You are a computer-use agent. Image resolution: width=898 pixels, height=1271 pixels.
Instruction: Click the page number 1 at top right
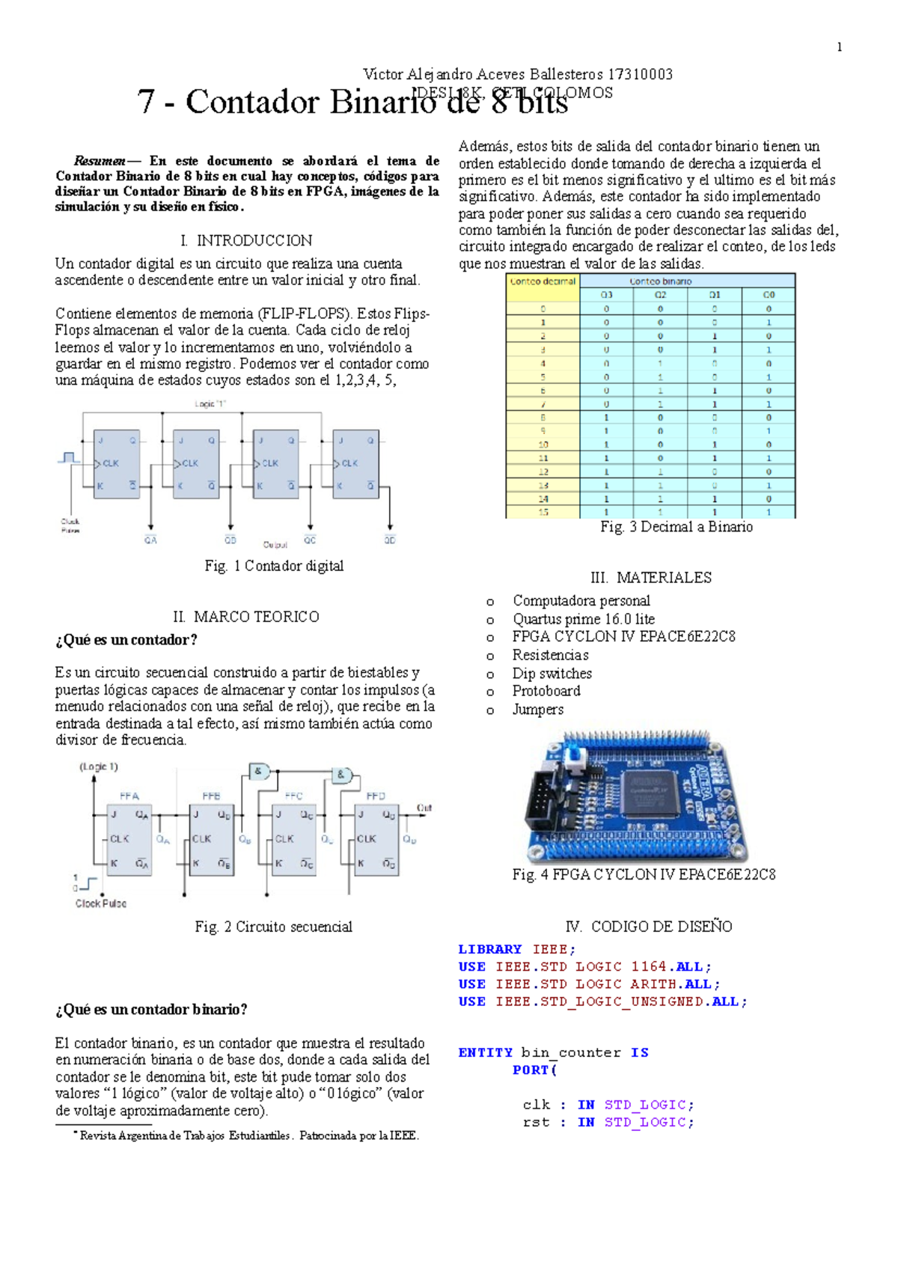(839, 47)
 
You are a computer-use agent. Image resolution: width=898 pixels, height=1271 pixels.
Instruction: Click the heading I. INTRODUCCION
(246, 240)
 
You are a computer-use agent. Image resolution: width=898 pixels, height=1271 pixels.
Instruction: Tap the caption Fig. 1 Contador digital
(274, 566)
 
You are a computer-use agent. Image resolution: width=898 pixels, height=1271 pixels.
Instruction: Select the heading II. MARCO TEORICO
(246, 617)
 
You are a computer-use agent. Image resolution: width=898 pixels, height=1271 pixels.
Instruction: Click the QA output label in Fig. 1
(150, 540)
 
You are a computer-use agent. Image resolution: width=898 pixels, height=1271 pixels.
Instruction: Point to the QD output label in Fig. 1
(390, 540)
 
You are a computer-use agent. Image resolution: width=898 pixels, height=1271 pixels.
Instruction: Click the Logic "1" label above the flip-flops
(210, 404)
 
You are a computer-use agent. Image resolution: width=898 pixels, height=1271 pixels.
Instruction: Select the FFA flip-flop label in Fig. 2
(129, 796)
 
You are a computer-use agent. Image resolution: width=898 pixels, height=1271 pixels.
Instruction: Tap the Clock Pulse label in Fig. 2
(101, 903)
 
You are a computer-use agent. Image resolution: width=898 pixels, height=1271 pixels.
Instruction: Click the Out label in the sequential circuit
(424, 808)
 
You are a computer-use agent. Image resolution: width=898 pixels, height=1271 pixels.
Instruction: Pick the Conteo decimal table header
(543, 281)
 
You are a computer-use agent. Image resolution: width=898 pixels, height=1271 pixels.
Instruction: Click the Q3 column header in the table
(606, 295)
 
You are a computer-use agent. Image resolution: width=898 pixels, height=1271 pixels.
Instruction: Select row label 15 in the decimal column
(543, 512)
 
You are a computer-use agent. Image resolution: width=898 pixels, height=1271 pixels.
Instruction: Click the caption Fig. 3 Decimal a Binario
(676, 527)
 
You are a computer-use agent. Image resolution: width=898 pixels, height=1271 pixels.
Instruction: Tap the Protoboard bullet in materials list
(546, 691)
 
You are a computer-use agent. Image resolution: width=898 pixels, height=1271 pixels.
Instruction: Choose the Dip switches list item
(552, 674)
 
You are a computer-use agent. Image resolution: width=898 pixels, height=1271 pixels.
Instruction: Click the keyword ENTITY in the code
(486, 1052)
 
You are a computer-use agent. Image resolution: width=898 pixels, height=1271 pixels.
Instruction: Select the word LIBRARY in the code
(490, 949)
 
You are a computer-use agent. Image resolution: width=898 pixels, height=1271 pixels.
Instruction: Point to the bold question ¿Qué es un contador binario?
(151, 1010)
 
